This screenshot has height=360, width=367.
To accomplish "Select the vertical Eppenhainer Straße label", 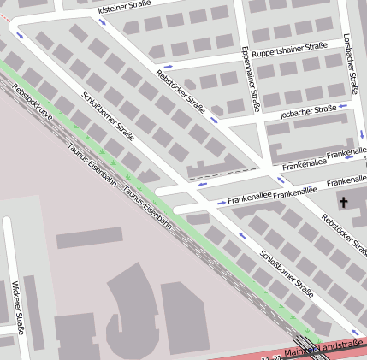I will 250,80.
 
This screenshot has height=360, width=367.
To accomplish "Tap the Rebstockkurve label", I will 33,108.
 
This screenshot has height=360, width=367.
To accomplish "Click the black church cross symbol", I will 344,203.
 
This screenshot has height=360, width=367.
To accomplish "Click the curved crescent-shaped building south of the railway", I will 128,295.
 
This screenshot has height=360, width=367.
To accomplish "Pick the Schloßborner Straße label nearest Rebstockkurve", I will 108,118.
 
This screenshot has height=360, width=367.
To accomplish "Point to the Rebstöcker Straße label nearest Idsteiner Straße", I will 181,91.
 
